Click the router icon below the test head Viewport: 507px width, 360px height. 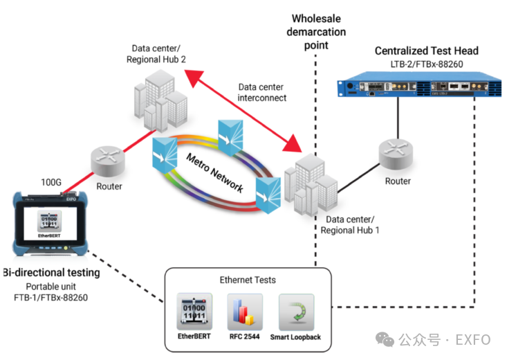pos(397,156)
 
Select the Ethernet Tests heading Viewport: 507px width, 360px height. pos(247,280)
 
